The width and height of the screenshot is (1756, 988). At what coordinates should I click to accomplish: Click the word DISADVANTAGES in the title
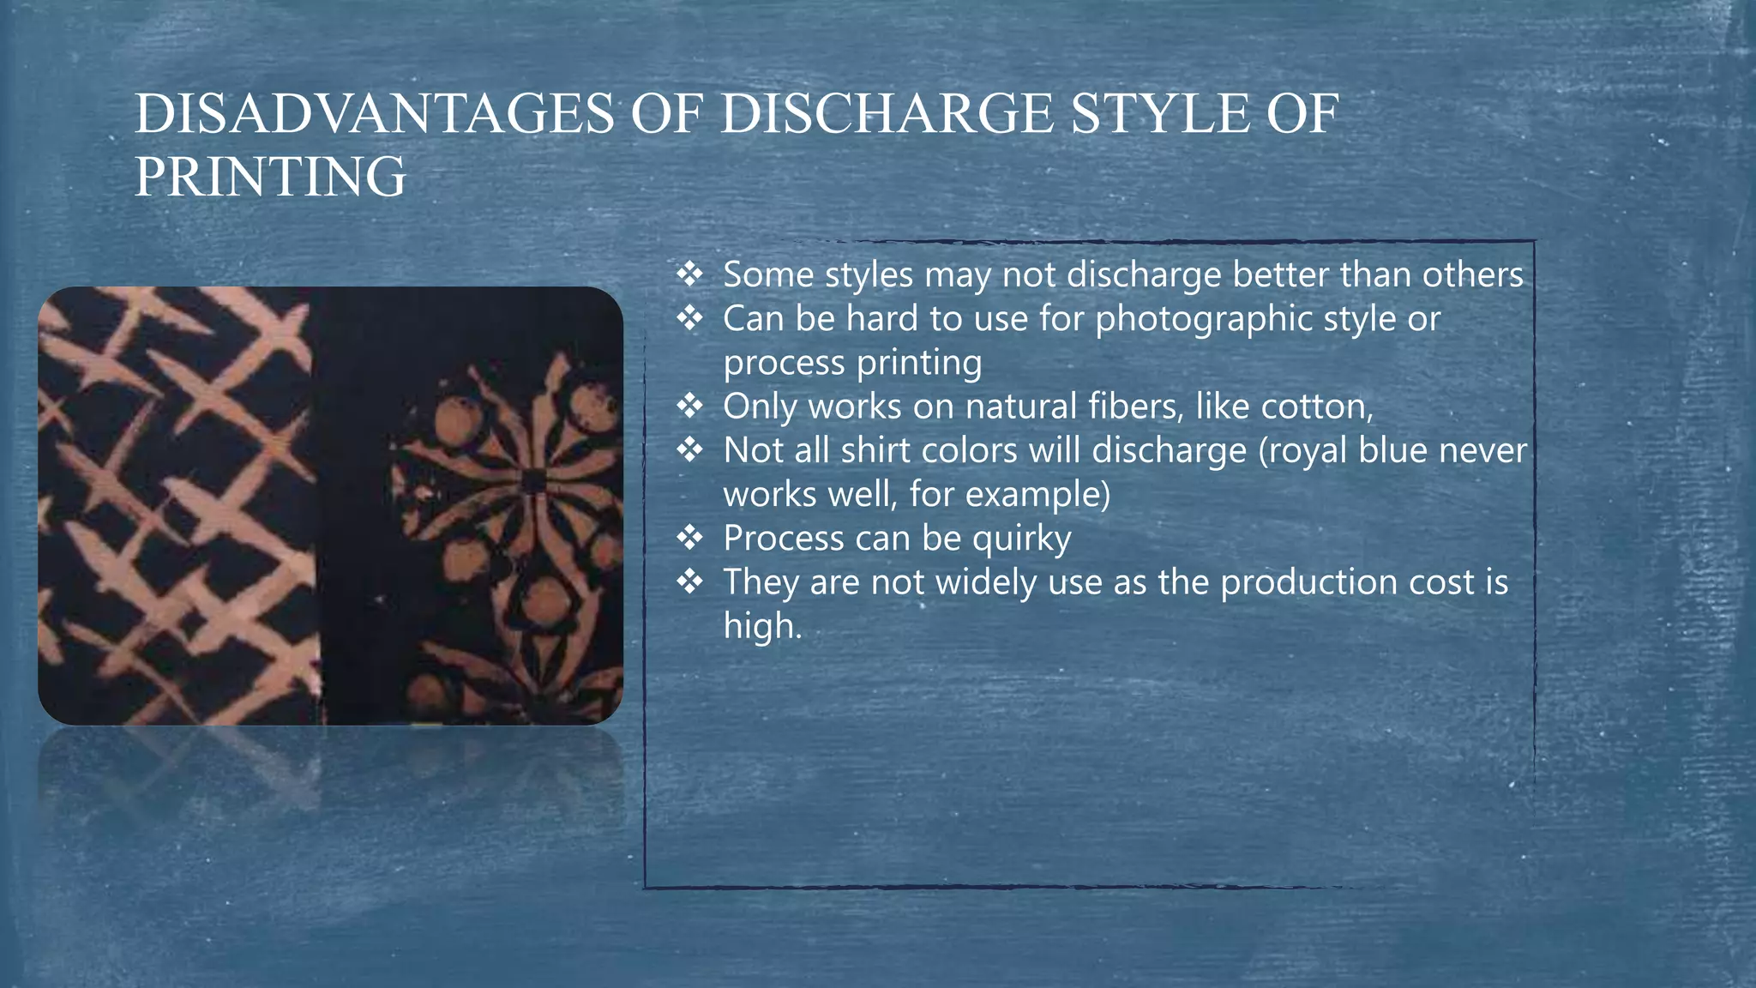(x=375, y=114)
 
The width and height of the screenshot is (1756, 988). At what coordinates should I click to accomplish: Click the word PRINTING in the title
(x=270, y=177)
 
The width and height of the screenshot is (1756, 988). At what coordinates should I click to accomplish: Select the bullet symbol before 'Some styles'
(x=690, y=274)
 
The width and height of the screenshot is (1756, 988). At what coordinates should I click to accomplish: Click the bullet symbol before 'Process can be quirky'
(x=690, y=538)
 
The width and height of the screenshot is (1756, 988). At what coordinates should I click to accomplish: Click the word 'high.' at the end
(x=762, y=625)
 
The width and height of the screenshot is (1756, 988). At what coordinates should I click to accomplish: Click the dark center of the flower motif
(x=533, y=481)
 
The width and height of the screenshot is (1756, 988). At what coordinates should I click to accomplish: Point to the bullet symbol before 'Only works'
(x=690, y=406)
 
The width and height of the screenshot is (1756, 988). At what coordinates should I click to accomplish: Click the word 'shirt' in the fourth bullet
(x=875, y=450)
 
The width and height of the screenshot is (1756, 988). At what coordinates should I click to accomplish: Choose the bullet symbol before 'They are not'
(x=690, y=581)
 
